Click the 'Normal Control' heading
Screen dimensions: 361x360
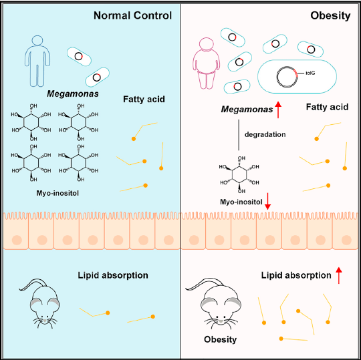[132, 15]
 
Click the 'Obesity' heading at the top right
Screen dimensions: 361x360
[330, 15]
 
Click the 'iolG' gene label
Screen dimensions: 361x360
[310, 73]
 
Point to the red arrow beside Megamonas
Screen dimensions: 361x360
[278, 110]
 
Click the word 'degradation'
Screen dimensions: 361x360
[265, 134]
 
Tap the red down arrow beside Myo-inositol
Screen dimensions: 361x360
[267, 201]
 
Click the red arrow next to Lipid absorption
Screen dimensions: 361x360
[339, 275]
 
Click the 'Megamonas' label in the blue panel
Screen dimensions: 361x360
[73, 94]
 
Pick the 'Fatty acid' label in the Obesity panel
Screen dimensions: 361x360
[327, 107]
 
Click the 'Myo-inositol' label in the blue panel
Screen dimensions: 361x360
[57, 193]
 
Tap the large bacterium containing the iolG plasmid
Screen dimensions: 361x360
[297, 77]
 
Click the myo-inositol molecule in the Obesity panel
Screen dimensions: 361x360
[239, 174]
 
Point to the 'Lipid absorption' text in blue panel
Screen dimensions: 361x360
[113, 275]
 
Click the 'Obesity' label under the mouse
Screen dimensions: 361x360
[221, 339]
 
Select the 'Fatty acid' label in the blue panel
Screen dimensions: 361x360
[144, 99]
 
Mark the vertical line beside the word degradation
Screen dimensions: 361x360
[239, 135]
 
